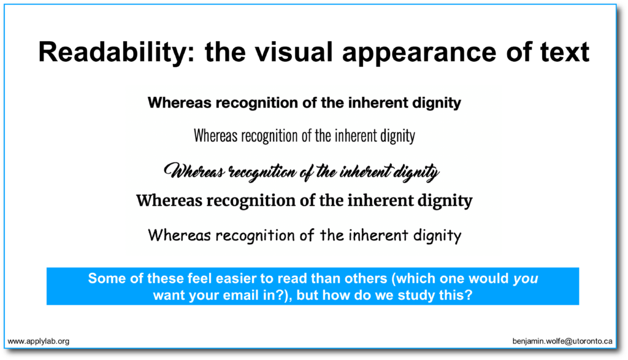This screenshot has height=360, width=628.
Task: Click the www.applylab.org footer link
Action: [x=38, y=340]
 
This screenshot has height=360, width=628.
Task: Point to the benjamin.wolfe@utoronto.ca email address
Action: [x=563, y=340]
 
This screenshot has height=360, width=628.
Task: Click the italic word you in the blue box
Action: [x=526, y=279]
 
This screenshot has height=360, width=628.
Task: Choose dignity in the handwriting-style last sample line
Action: [x=436, y=235]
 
